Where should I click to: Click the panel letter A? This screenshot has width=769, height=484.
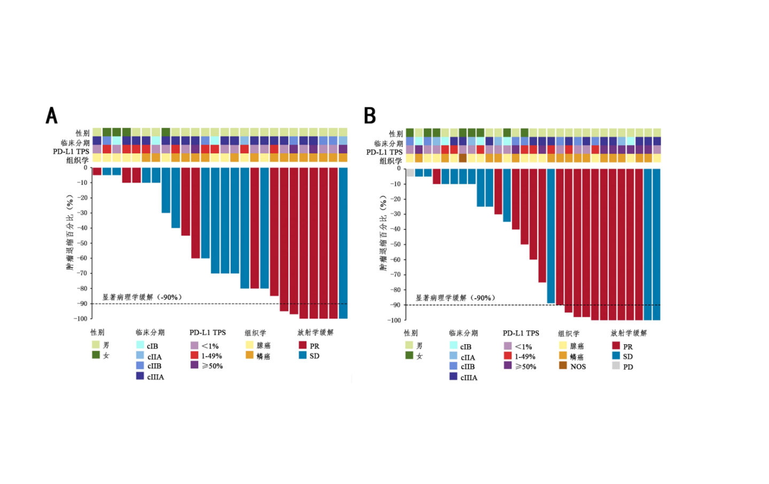[x=51, y=116]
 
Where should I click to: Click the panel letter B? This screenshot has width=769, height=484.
[x=370, y=116]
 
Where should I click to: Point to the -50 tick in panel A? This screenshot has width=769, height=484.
[x=82, y=243]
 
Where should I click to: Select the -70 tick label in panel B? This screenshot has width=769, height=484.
[x=395, y=275]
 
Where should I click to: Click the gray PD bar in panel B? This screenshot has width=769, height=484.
[x=410, y=172]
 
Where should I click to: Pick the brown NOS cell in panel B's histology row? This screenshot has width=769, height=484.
[x=463, y=158]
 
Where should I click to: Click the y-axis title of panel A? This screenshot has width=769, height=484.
[x=70, y=232]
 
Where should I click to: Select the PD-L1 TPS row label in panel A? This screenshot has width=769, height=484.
[x=71, y=152]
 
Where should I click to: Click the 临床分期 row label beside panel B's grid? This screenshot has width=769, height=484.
[x=389, y=144]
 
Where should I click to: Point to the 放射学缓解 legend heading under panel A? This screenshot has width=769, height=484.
[x=315, y=332]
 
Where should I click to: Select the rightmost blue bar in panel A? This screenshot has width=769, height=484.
[x=343, y=243]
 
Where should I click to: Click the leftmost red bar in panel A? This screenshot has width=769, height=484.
[x=97, y=171]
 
